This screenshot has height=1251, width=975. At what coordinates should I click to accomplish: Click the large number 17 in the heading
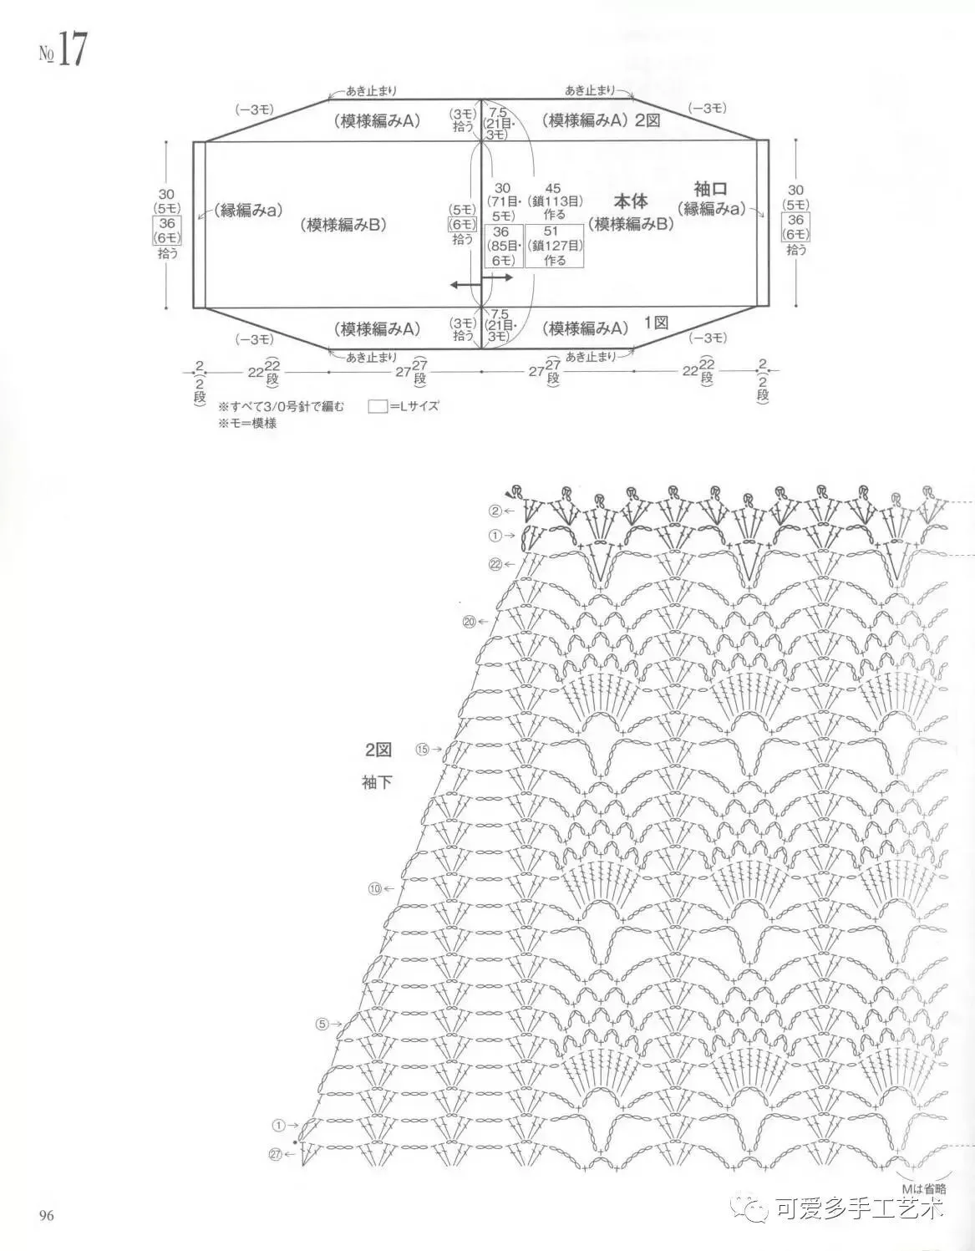click(72, 51)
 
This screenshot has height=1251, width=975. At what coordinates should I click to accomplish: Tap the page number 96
click(46, 1215)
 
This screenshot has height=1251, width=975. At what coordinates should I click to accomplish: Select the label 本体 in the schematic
click(632, 201)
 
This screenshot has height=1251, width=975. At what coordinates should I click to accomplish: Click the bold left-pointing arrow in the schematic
click(466, 285)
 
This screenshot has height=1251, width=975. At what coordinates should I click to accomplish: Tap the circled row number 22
click(495, 564)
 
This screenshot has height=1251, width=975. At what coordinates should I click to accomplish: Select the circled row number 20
click(469, 621)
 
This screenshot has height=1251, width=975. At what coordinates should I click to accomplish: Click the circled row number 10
click(374, 887)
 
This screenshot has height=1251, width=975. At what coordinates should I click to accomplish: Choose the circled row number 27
click(277, 1154)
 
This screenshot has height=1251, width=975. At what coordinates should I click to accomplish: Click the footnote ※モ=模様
click(247, 423)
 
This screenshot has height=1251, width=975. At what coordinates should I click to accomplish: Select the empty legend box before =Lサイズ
click(378, 406)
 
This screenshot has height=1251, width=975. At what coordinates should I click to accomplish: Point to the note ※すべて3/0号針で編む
click(282, 406)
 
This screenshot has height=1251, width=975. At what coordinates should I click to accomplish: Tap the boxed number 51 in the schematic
click(551, 231)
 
